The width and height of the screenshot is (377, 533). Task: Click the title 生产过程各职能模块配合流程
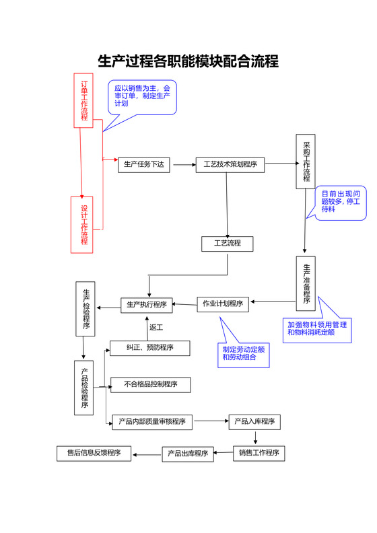pos(188,62)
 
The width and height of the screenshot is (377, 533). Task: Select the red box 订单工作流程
pos(83,100)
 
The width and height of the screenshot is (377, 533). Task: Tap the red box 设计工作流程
pos(83,225)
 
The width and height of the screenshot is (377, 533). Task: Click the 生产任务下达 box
pos(144,165)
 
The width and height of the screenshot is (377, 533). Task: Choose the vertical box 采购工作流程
pos(306,162)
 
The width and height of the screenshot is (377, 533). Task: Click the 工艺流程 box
pos(228,243)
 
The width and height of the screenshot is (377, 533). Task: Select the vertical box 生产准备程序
pos(306,283)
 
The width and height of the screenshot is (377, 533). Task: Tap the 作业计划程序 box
pos(223,304)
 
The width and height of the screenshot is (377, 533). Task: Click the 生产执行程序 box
pos(147,305)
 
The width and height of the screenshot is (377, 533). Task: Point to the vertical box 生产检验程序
pos(86,309)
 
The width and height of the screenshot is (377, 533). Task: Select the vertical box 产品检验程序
pos(83,388)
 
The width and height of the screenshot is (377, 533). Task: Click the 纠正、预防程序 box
pos(150,348)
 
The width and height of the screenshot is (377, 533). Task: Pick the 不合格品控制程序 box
pos(150,385)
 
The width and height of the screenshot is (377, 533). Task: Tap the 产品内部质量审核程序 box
pos(152,422)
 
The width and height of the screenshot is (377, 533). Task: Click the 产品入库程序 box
pos(254,422)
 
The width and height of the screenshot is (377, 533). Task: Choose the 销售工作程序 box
pos(259,452)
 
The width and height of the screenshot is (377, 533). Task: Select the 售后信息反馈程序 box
pos(94,453)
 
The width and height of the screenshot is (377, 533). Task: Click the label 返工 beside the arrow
pos(156,328)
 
